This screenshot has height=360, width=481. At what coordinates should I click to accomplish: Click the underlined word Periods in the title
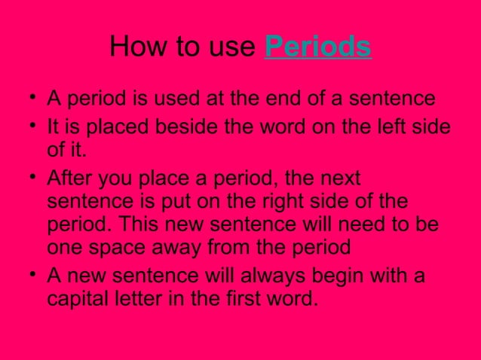318,47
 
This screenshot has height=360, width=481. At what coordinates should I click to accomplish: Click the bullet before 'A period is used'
29,99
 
